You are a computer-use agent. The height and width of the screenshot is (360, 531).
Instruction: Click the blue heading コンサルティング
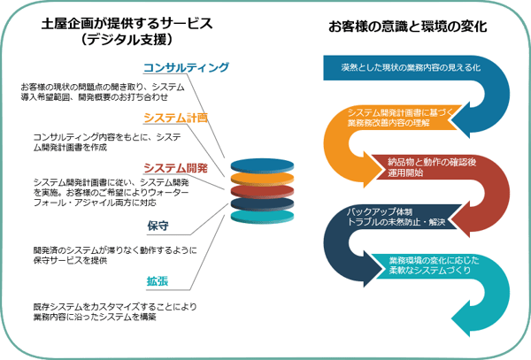coord(186,67)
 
